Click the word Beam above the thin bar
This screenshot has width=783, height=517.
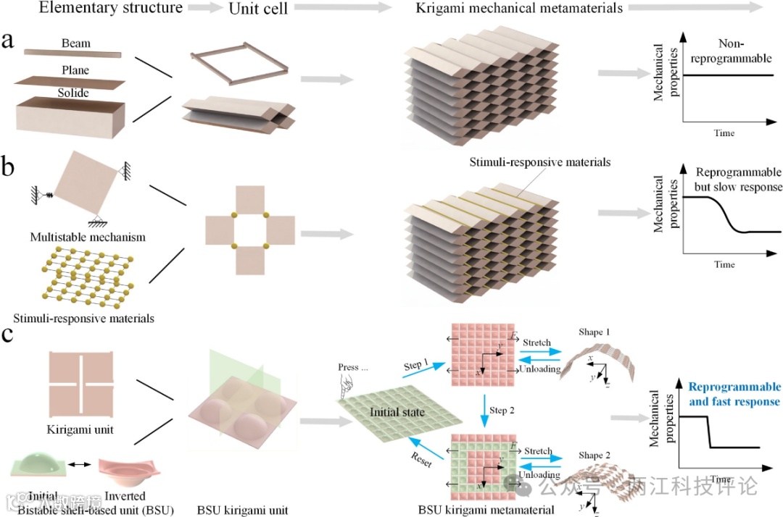[76, 43]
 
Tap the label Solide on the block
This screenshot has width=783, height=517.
[74, 93]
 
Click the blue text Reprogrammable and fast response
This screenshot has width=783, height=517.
[734, 395]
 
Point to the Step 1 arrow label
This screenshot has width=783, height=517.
[417, 366]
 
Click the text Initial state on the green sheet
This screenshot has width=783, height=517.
[396, 412]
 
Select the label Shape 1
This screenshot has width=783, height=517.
[594, 332]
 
